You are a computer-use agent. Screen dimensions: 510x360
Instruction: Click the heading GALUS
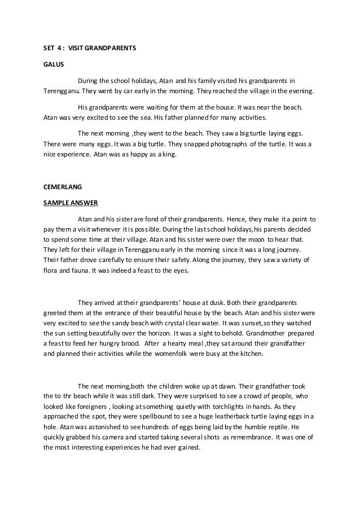tap(53, 64)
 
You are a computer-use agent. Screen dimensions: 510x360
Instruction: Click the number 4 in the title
tap(60, 48)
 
